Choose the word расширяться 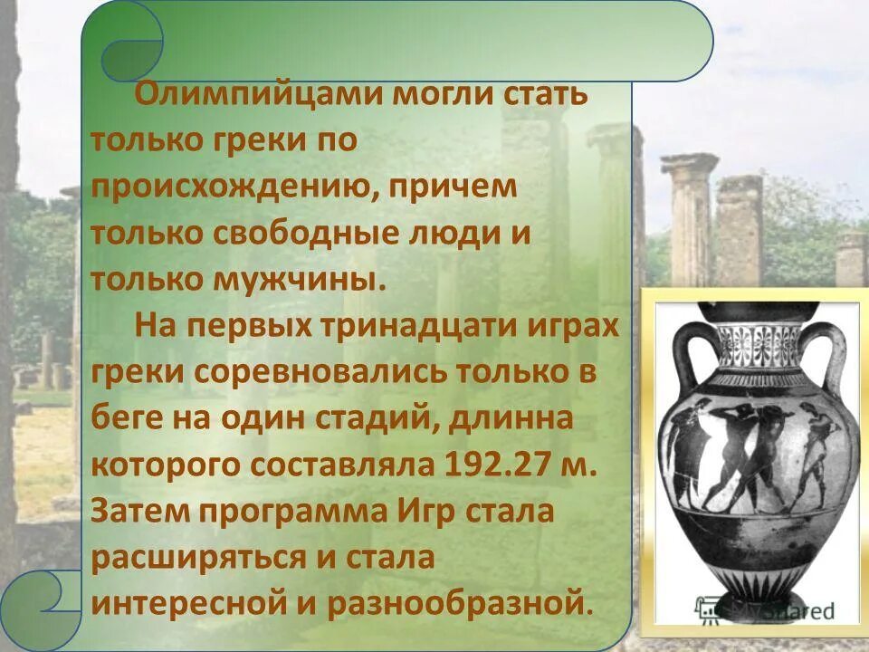[x=191, y=557]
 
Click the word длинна [x=540, y=418]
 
